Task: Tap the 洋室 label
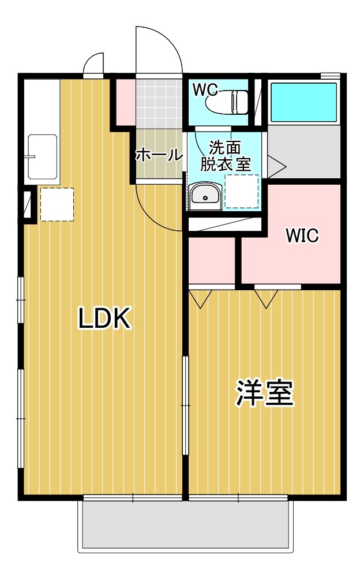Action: [x=265, y=394]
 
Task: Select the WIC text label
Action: [x=302, y=235]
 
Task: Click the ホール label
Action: [x=159, y=155]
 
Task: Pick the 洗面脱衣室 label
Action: [x=225, y=155]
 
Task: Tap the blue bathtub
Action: [x=303, y=102]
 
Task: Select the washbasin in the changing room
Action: [x=205, y=195]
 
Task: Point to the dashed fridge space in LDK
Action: [x=57, y=204]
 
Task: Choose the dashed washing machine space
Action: [x=242, y=191]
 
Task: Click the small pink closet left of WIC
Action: [x=212, y=260]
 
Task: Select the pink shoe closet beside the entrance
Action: [x=123, y=102]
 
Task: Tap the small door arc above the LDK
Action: [x=93, y=65]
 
